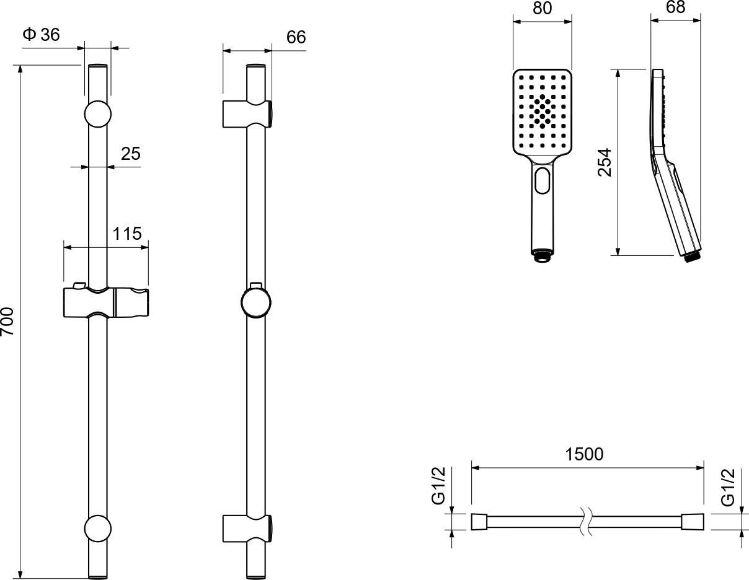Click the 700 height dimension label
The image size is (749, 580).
pos(7,322)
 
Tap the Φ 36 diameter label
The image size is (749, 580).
pos(42,35)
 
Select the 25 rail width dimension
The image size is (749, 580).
pos(131,154)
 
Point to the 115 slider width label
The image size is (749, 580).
pos(127,234)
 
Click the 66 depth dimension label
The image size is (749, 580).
pos(296,37)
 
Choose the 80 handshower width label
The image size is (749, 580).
pos(542,8)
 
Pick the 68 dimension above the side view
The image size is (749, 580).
pos(675,7)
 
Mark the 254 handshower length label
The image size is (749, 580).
pos(605,162)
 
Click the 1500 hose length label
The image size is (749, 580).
pos(584,454)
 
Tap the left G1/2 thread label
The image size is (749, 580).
pos(439,486)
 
